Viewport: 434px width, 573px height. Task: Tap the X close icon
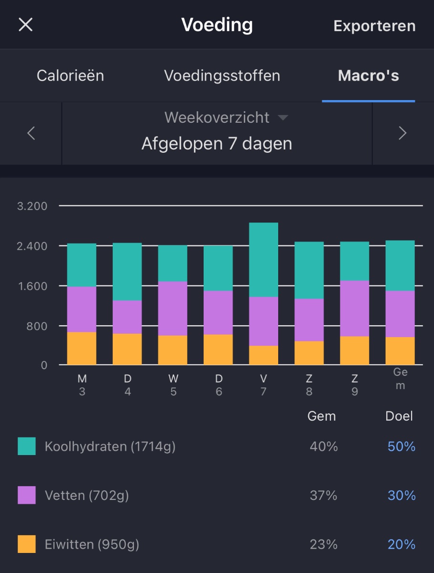25,25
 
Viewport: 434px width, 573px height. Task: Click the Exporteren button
374,26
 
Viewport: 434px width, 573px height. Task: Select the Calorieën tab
70,75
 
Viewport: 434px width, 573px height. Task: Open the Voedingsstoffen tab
222,75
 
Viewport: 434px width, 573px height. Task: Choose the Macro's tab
368,75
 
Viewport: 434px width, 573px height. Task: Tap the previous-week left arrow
31,133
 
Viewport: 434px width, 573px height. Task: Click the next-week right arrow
402,133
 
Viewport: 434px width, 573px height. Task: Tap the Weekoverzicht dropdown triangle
283,117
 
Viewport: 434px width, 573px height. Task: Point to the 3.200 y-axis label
32,206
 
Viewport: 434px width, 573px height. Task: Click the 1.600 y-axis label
32,286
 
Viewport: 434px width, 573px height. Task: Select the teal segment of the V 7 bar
263,259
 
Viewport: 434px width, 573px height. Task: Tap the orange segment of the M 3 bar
82,348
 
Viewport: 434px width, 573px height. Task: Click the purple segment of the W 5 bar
173,308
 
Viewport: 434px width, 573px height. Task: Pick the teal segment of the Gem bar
400,265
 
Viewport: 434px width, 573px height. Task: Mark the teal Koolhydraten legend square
27,446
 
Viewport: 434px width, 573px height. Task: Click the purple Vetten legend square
27,495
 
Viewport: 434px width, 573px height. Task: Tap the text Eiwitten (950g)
92,544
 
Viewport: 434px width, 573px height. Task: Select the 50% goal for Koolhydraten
401,446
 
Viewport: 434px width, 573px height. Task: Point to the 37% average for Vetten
324,496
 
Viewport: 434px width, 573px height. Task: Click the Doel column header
399,416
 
